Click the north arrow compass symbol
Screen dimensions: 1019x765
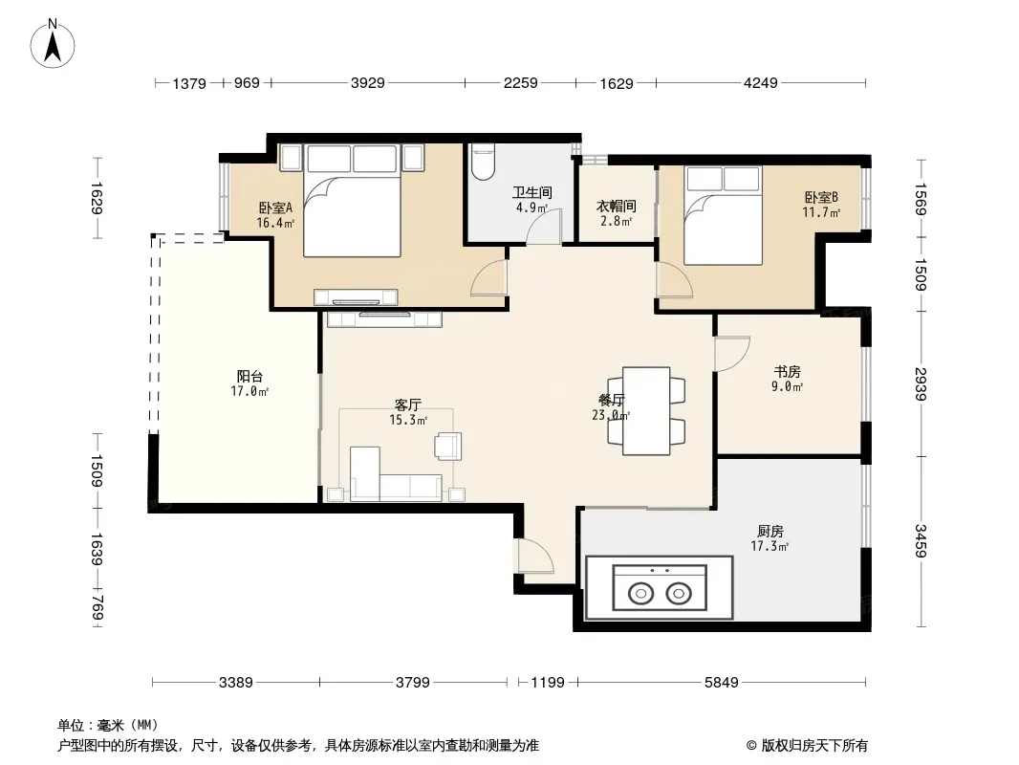(x=53, y=44)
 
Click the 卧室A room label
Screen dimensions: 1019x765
(x=275, y=208)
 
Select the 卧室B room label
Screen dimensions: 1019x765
(x=821, y=197)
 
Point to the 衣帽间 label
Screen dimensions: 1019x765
(x=616, y=206)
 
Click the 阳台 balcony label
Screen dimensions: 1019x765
(x=249, y=377)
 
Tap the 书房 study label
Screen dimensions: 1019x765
(x=787, y=372)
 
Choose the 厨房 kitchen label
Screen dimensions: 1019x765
(x=770, y=531)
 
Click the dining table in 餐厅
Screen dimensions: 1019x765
(x=646, y=411)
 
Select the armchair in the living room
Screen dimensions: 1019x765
(x=448, y=446)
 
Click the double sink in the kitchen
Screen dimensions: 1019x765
(x=660, y=588)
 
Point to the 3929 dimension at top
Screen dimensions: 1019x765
(x=368, y=83)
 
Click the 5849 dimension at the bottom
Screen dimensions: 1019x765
(x=722, y=683)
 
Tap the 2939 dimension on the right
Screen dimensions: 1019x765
(x=921, y=383)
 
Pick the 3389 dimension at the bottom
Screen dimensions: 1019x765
(x=235, y=683)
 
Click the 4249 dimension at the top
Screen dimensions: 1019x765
(x=760, y=83)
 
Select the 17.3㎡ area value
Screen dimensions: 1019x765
(x=770, y=547)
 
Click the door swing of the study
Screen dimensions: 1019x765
(x=732, y=354)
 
